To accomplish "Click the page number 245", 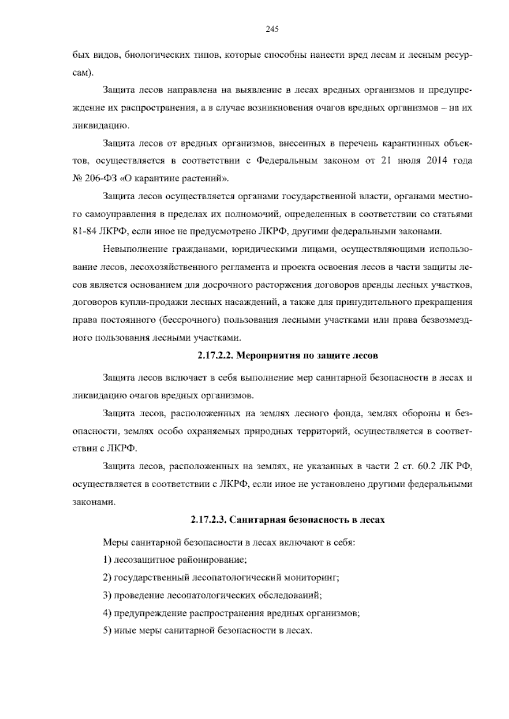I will click(271, 29).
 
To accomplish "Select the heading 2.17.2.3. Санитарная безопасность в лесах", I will click(287, 520).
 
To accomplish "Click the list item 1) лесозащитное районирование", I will click(175, 560).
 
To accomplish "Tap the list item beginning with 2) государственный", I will click(221, 577).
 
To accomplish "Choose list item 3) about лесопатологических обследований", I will click(212, 595).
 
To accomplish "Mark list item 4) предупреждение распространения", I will click(231, 613).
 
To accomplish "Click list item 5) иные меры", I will click(207, 631).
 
